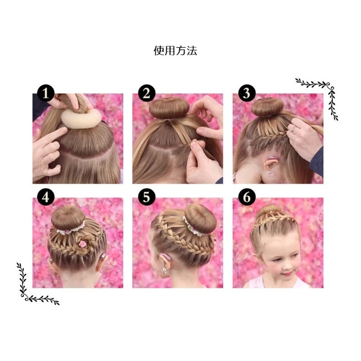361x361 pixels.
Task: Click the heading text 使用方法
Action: coord(175,51)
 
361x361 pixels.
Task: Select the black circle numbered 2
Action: coord(147,93)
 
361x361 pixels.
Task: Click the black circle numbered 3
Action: coord(247,93)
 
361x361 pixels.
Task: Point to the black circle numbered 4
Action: coord(46,197)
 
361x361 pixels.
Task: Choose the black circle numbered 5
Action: coord(147,197)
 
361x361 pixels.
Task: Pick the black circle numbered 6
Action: coord(247,197)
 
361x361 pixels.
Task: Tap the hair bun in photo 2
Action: coord(169,108)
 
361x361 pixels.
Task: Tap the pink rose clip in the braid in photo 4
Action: coord(82,244)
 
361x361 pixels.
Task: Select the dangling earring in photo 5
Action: coord(164,269)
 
